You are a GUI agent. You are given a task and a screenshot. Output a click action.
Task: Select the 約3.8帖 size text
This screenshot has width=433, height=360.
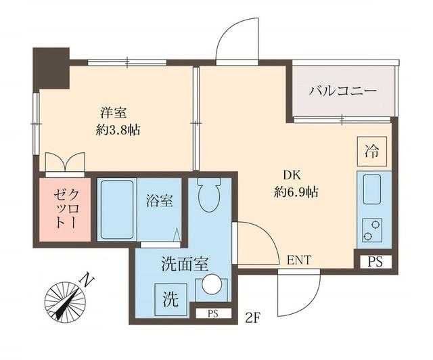[x=118, y=130]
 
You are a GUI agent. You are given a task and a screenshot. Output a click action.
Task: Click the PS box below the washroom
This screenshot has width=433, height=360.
[x=212, y=313]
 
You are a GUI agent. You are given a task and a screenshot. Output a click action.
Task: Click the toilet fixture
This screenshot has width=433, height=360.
[x=210, y=194]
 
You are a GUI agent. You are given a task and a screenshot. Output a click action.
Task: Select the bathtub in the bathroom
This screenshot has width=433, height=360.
[x=118, y=208]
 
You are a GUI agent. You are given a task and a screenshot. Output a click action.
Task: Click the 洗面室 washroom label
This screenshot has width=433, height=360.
[x=179, y=262]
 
